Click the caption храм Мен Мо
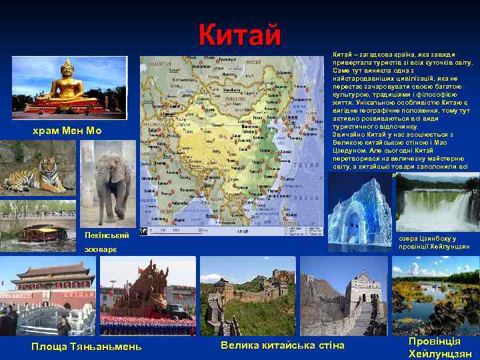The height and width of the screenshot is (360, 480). [67, 131]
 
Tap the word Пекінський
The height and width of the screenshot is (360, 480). [107, 234]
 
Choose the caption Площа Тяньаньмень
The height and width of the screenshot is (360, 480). [87, 345]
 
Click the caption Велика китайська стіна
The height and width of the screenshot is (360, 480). [282, 345]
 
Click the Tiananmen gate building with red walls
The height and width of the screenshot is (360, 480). [50, 283]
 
